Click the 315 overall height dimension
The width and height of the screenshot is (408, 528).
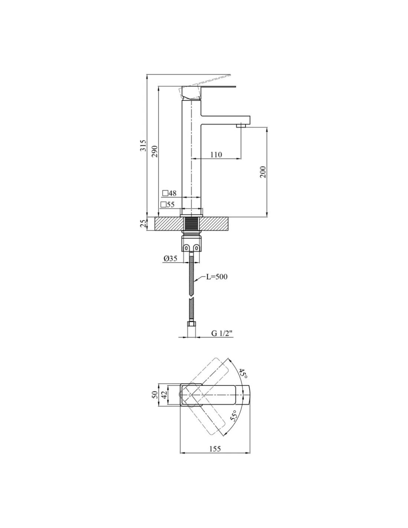pos(144,145)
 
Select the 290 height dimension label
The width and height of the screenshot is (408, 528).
pos(155,151)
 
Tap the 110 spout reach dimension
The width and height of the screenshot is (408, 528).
pos(216,154)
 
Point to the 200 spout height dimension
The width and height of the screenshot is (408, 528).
pos(263,172)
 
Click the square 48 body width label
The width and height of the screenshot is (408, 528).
pos(169,193)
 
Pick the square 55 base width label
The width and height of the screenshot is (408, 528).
pos(168,204)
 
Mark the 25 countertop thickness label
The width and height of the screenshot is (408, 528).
pos(144,223)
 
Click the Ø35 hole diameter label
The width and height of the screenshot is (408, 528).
pos(170,258)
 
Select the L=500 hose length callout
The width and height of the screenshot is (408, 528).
pos(217,277)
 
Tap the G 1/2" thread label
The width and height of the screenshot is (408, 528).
pos(222,333)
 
